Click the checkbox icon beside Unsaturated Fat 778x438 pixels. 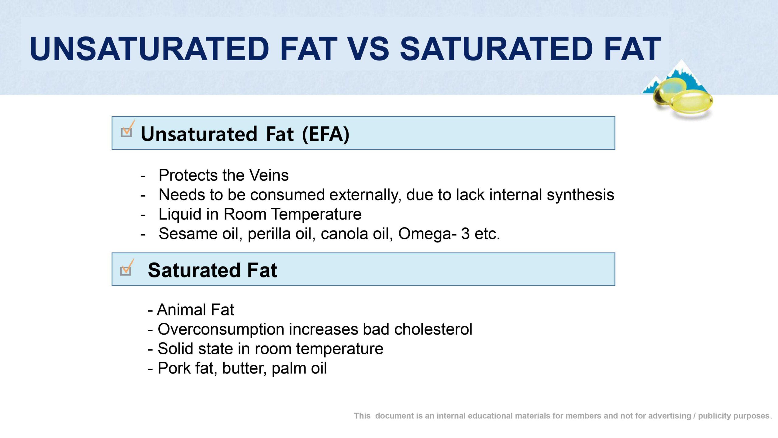[127, 129]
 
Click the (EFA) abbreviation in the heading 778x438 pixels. [326, 134]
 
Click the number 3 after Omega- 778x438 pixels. [465, 234]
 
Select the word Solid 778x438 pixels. [175, 349]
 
